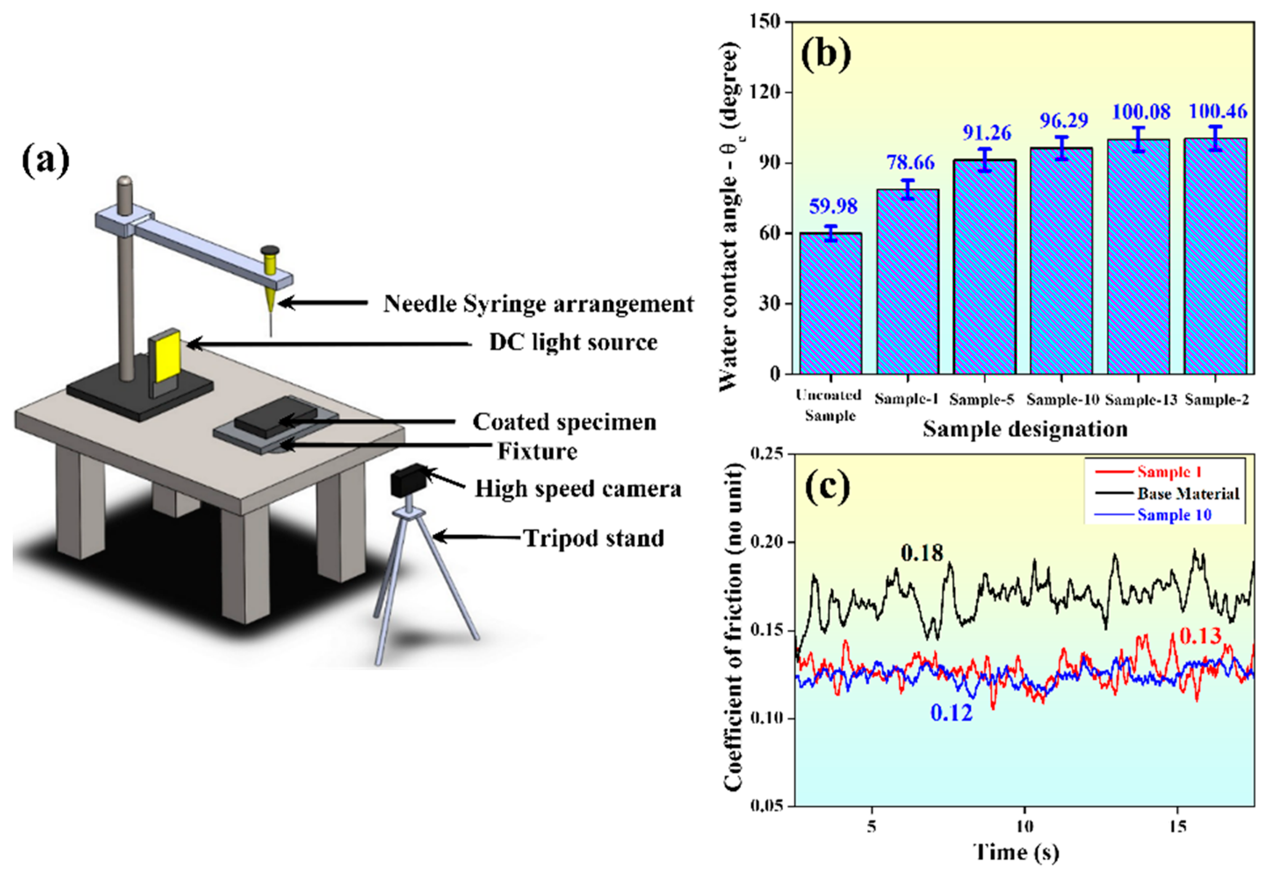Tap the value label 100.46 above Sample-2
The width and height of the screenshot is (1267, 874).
[x=1218, y=112]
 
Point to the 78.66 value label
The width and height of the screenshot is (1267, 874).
[x=910, y=163]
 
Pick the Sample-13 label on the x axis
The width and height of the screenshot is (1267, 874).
[x=1141, y=400]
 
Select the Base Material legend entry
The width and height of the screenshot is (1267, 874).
[x=1188, y=494]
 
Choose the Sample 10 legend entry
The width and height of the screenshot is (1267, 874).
[x=1174, y=515]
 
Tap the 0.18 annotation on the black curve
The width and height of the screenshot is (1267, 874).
[x=922, y=554]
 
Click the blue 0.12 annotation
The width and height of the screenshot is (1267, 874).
[x=951, y=713]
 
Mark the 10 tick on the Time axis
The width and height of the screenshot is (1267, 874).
[x=1024, y=826]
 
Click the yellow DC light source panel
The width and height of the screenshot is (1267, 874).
[x=168, y=358]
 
